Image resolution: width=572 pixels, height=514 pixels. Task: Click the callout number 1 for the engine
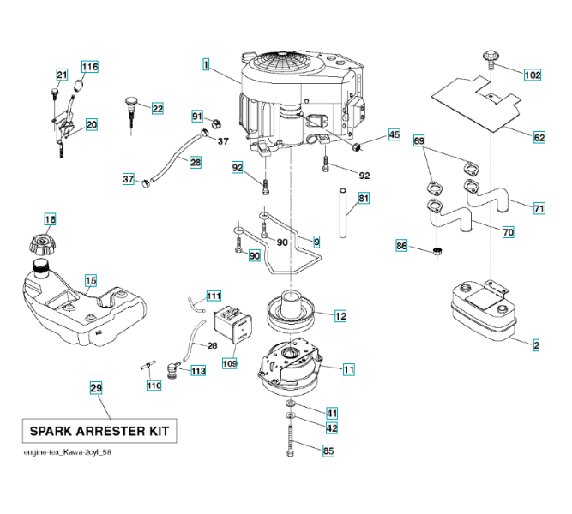point(207,63)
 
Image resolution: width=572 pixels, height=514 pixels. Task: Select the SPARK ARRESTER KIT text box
point(99,430)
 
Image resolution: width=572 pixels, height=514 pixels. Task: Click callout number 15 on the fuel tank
point(91,279)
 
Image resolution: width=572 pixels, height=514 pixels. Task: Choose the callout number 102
point(533,75)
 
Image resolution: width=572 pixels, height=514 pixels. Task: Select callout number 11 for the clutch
point(348,369)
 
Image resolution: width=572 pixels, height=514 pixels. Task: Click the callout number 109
point(230,363)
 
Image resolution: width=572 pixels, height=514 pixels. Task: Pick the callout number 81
point(364,200)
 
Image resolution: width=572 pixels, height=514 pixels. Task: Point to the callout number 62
point(539,137)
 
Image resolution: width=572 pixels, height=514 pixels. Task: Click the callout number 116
point(90,66)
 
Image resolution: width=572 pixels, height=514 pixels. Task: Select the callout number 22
point(157,108)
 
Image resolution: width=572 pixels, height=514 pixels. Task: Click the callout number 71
point(539,208)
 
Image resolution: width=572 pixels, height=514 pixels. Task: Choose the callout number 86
point(401,246)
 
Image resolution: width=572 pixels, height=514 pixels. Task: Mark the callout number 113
point(198,371)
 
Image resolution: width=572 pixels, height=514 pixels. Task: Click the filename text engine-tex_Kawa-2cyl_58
point(68,452)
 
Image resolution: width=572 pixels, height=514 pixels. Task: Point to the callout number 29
point(96,388)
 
